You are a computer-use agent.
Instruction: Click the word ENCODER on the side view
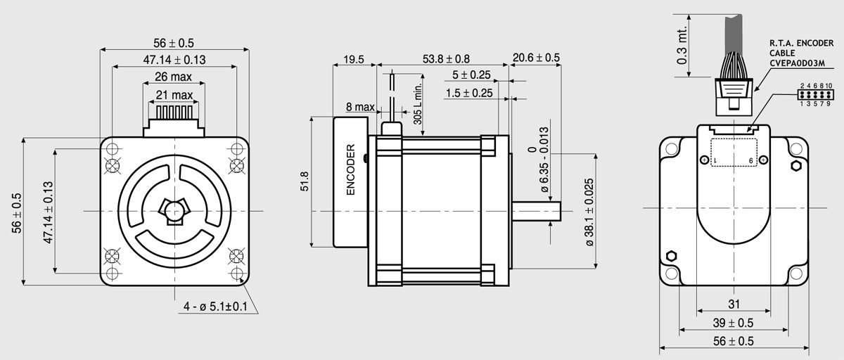click(351, 169)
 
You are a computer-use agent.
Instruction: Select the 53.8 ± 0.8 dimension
click(446, 59)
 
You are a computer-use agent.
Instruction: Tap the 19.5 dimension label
click(354, 60)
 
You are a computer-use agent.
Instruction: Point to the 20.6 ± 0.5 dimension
click(536, 58)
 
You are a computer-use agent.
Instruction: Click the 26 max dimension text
click(173, 77)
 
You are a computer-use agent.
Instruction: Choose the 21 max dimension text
click(174, 95)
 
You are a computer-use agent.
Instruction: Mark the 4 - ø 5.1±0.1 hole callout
click(215, 307)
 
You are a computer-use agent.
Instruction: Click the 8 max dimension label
click(360, 107)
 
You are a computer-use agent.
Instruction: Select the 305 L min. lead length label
click(418, 103)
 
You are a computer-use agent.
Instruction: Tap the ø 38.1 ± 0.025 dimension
click(589, 212)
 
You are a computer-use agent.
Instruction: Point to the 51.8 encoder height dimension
click(305, 181)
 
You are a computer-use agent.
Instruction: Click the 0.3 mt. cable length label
click(682, 46)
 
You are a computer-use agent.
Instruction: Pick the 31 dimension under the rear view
click(734, 304)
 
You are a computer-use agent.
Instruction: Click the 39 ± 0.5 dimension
click(733, 323)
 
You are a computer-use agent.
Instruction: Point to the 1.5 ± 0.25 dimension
click(469, 93)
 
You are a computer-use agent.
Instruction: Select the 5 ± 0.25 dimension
click(471, 75)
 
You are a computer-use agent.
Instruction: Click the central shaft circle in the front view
click(174, 211)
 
